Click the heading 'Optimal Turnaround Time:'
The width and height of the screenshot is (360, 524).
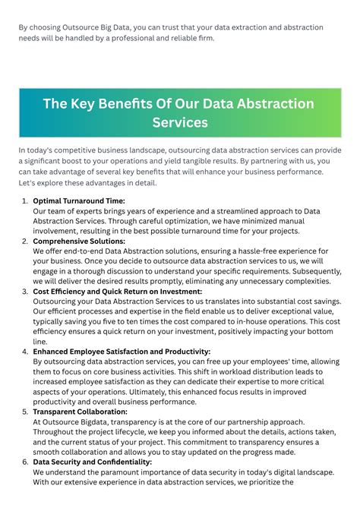click(79, 201)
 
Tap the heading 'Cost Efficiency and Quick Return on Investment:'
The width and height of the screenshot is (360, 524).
click(117, 292)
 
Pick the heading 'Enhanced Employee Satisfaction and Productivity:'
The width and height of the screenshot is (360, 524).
click(122, 352)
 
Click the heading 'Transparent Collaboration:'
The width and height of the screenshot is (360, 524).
click(80, 412)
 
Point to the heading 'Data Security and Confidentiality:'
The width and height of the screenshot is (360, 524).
click(93, 462)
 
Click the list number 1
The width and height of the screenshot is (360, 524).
click(24, 201)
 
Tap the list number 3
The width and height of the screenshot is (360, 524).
click(24, 292)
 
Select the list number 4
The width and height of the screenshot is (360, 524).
click(24, 352)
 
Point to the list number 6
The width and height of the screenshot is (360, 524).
click(24, 462)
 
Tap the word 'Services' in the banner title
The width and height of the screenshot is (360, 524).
click(180, 122)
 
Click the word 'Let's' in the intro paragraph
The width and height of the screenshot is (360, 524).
click(29, 183)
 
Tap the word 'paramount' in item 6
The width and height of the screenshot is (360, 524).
click(119, 472)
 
